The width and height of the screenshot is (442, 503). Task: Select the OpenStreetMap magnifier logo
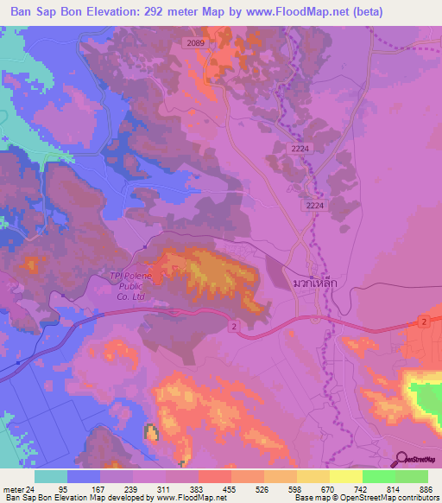pos(403,459)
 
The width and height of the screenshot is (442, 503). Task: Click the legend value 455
pos(230,488)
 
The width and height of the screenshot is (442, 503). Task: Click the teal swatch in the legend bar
pos(50,476)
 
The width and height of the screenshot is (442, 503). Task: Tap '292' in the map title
pos(170,11)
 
